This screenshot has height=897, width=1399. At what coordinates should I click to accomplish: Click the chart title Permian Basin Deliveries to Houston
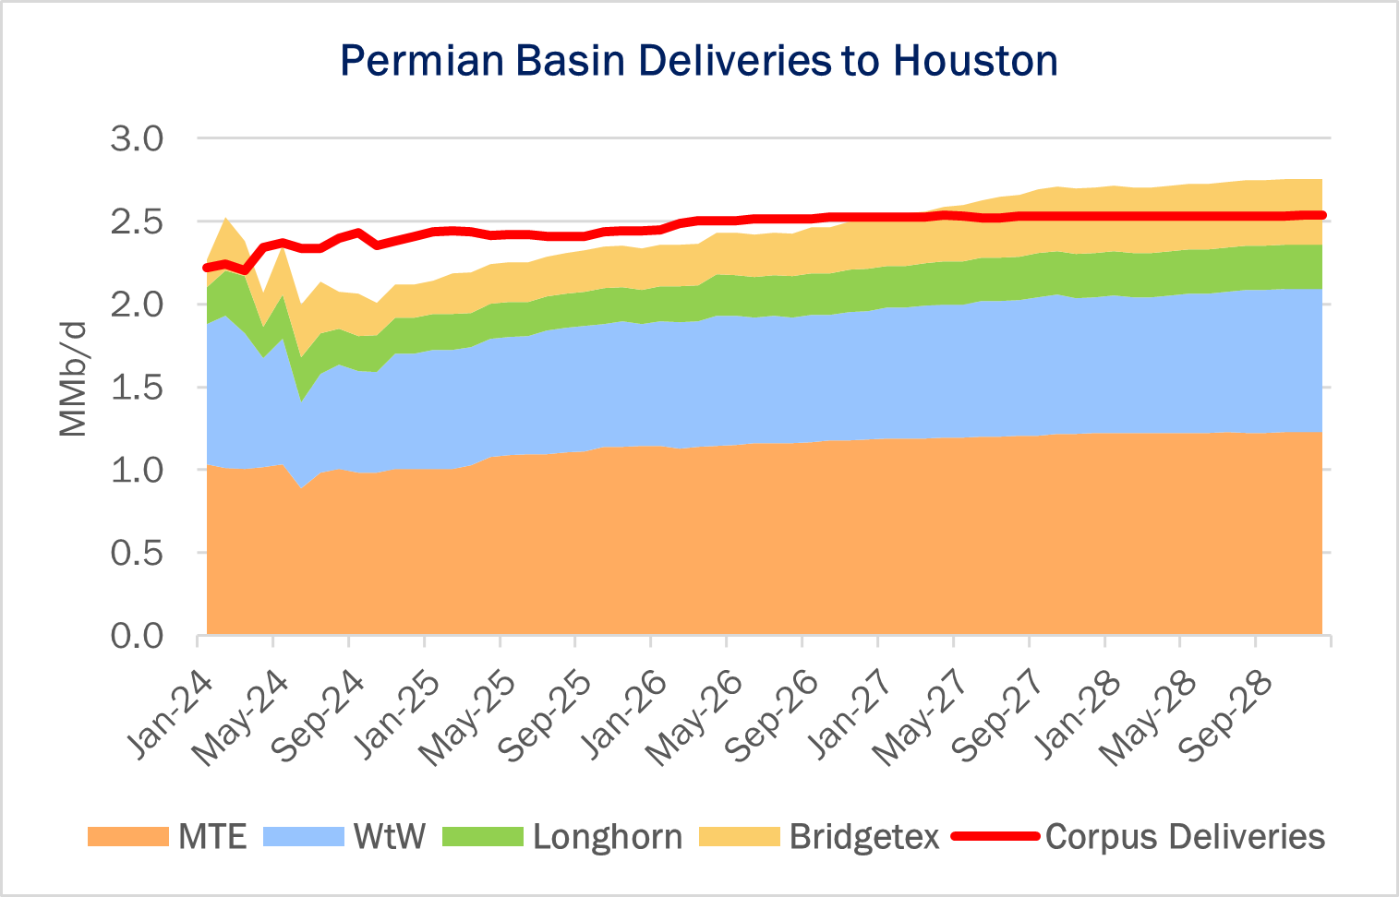point(698,61)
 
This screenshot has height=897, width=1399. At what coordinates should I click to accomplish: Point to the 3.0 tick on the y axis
point(137,139)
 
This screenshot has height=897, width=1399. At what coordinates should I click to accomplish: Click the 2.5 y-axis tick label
point(137,222)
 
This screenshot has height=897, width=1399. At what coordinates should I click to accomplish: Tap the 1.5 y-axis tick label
point(137,388)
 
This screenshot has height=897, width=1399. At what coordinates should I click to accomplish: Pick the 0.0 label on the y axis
point(137,636)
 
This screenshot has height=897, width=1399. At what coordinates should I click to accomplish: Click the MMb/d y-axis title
point(74,378)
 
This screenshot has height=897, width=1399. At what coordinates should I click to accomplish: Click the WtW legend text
point(390,837)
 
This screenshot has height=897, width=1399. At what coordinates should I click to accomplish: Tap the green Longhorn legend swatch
point(482,837)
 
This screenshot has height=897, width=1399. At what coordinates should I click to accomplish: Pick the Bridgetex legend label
point(864,837)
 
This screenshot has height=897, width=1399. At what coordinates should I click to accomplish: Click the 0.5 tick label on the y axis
point(137,554)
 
